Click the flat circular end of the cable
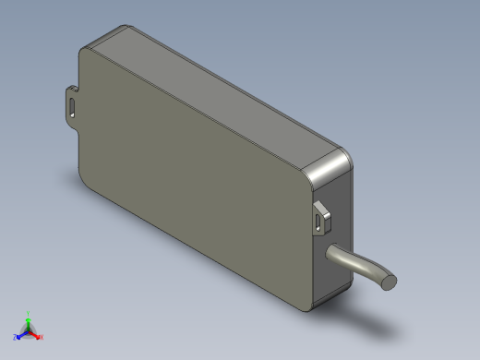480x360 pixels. coord(390,281)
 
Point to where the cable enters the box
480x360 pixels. coord(330,253)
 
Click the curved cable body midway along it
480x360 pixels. coord(360,266)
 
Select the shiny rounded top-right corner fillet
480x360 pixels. coord(327,165)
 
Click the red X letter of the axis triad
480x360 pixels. coord(42,338)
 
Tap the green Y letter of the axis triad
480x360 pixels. coord(29,314)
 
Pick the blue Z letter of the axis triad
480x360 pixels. coord(14,337)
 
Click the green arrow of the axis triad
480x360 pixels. coord(29,322)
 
